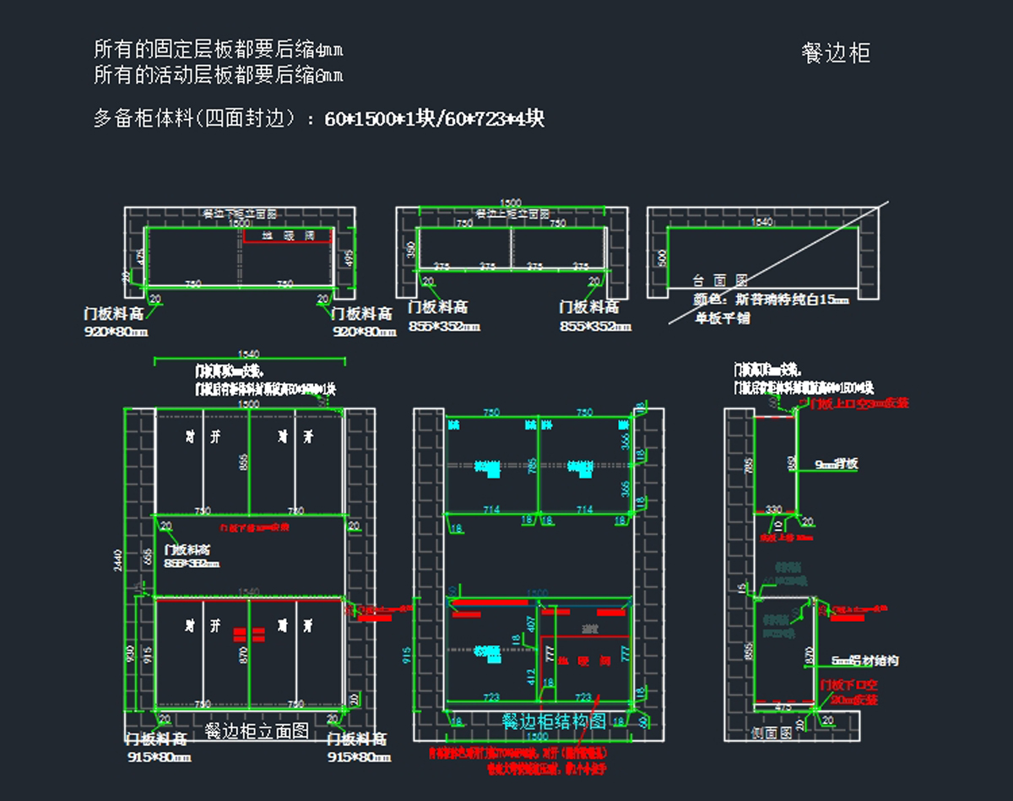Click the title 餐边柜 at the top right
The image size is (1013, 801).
coord(836,53)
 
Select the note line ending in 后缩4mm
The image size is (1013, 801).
coord(219,48)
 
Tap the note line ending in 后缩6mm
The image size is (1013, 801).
coord(219,75)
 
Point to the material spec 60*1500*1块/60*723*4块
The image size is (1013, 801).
coord(435,118)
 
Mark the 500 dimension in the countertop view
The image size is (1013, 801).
coord(661,257)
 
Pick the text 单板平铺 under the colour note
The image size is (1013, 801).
coord(723,318)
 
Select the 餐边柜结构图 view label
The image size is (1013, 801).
coord(554,721)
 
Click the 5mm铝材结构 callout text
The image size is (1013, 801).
coord(865,661)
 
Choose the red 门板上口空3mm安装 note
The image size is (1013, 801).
coord(859,403)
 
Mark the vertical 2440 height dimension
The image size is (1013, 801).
coord(118,560)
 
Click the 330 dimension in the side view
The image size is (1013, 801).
coord(773,509)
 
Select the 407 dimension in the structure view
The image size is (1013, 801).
coord(531,624)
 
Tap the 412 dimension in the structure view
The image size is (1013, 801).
coord(531,676)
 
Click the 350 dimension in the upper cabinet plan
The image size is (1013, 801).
coord(411,250)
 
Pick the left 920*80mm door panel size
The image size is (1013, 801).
coord(116,332)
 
